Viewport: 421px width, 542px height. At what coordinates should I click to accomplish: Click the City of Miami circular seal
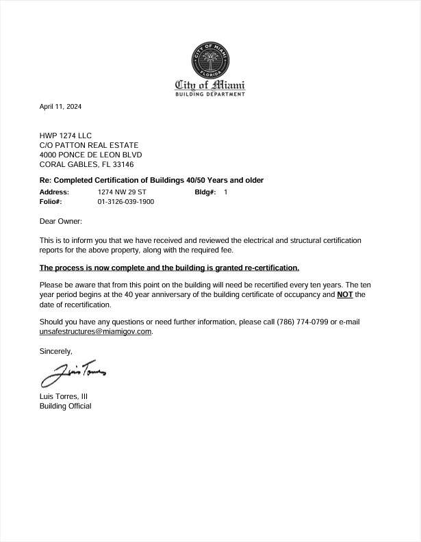click(210, 60)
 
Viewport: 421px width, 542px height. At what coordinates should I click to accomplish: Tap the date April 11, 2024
click(60, 107)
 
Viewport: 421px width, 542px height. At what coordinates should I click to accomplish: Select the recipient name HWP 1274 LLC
click(66, 135)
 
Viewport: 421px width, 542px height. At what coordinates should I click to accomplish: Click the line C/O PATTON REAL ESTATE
click(89, 145)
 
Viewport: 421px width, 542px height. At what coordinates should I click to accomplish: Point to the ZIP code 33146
click(123, 164)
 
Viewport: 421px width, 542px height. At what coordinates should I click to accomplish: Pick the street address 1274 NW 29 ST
click(122, 192)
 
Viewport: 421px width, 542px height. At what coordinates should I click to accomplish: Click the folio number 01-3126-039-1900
click(126, 202)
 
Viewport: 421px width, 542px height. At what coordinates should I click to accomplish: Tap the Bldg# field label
click(205, 192)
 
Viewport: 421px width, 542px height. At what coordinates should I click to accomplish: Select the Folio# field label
click(51, 202)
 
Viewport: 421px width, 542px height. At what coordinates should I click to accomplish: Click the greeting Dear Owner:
click(61, 221)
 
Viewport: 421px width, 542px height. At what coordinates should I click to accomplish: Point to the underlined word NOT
click(345, 294)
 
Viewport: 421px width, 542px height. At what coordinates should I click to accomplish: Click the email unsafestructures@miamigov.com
click(95, 331)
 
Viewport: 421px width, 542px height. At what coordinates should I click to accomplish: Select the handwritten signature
click(73, 373)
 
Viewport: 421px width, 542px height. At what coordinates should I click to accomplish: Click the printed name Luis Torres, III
click(64, 396)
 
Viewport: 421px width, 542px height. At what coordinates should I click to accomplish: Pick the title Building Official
click(65, 406)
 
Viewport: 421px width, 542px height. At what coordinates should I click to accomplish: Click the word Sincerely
click(55, 350)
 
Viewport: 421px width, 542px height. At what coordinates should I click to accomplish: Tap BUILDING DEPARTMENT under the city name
click(210, 94)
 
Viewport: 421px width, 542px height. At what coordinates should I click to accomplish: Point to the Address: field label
click(54, 192)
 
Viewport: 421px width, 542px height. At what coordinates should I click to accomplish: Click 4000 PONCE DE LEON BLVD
click(90, 155)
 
